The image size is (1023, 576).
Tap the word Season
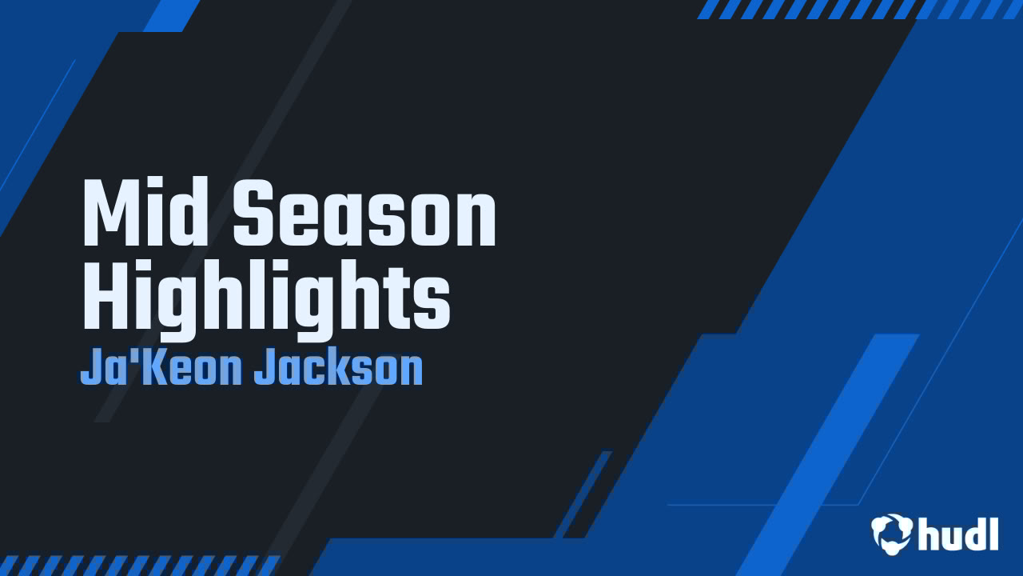364,214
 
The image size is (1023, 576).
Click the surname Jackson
338,369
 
